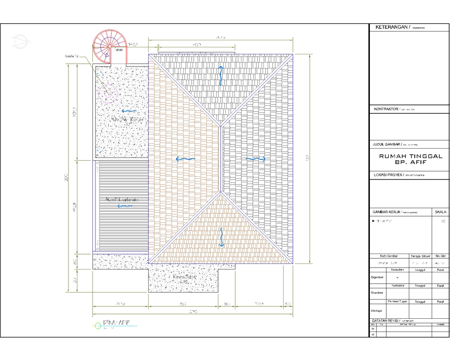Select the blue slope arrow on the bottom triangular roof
(221, 237)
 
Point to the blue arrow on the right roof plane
(256, 159)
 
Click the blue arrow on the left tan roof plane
(185, 159)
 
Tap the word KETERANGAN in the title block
(393, 28)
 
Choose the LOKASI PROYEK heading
(388, 174)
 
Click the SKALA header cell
(441, 211)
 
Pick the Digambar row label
(377, 277)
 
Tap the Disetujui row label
(377, 310)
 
